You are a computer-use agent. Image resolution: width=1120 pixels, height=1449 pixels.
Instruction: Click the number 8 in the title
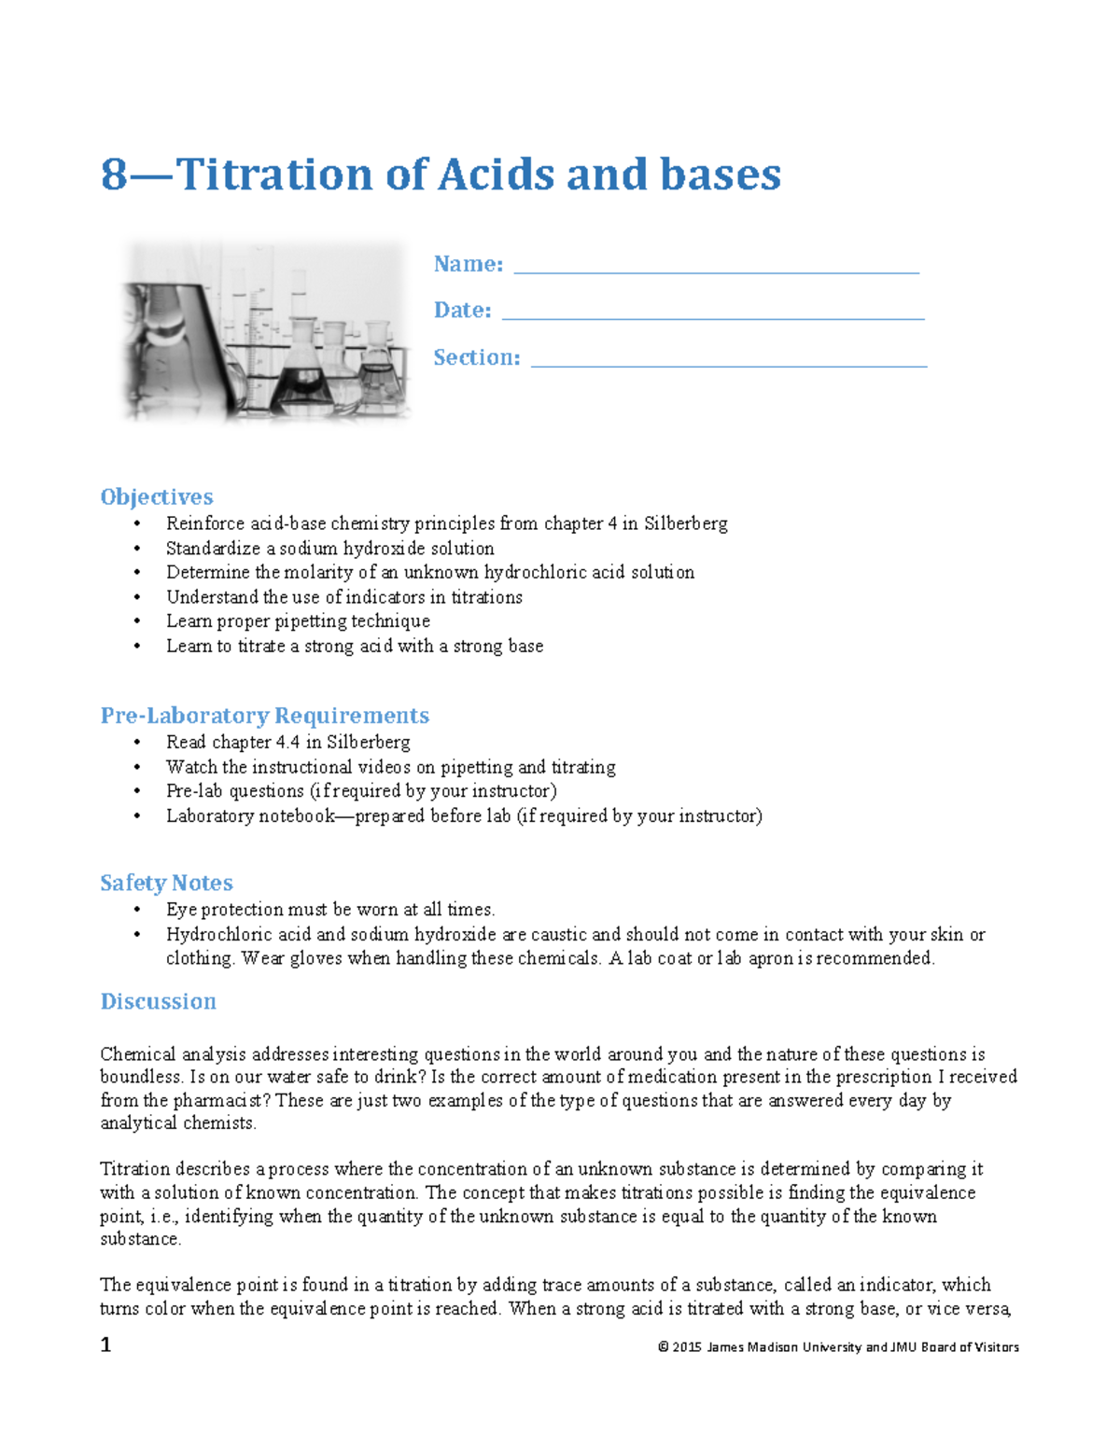click(114, 174)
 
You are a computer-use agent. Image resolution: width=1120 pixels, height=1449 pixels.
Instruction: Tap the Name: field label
click(468, 264)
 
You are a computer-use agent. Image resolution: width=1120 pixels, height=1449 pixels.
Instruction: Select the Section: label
click(476, 357)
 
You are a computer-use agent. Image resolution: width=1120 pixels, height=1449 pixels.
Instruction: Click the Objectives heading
click(156, 496)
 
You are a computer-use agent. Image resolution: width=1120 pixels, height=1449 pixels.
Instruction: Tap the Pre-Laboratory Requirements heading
click(264, 716)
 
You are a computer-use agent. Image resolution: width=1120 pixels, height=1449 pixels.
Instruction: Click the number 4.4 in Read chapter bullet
click(287, 743)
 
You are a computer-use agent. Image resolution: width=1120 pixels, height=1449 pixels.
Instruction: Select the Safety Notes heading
click(166, 883)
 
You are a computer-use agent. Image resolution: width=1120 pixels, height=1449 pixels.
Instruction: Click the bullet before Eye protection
click(137, 910)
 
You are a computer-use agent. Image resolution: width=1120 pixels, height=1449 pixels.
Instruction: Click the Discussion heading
click(158, 1001)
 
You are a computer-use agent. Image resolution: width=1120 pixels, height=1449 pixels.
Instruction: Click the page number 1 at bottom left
click(105, 1345)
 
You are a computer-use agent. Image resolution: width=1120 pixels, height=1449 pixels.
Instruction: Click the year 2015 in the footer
click(687, 1347)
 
